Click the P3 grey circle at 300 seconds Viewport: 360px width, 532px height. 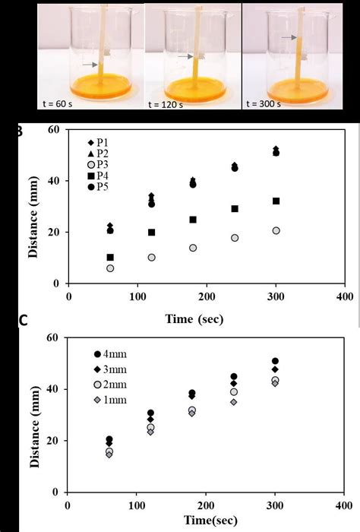coord(276,230)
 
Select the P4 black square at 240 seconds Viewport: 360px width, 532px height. coord(235,208)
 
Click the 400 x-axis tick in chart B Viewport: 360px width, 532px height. coord(344,296)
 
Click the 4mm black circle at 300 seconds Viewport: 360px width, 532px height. coord(275,361)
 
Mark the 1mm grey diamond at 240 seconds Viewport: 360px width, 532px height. coord(234,401)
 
